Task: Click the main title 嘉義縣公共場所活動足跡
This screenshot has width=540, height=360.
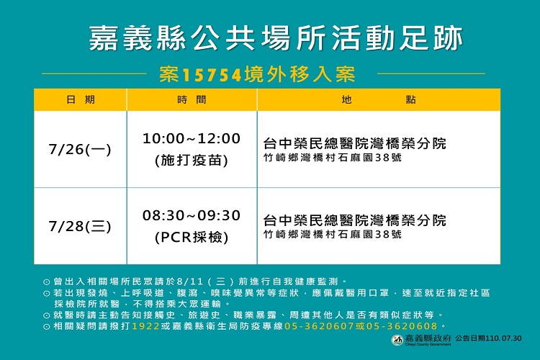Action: [x=276, y=38]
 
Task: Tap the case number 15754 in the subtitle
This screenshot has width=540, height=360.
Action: [x=212, y=75]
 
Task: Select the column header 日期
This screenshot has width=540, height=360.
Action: [x=80, y=100]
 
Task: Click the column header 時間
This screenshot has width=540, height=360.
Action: [x=192, y=100]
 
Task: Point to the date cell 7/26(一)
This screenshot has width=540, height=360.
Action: [x=80, y=149]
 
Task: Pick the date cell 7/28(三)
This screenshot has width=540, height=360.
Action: [x=80, y=226]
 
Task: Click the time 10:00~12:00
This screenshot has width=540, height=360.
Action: [x=192, y=138]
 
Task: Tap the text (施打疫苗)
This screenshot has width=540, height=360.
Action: [x=192, y=160]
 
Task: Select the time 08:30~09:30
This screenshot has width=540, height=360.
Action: [x=192, y=216]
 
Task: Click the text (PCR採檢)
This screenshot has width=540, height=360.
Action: [x=192, y=238]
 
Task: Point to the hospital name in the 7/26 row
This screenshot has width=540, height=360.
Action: [x=355, y=143]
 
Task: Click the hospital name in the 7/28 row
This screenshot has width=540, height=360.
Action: [x=355, y=220]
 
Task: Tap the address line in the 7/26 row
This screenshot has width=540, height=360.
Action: [x=333, y=158]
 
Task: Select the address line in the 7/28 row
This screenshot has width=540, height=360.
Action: [x=333, y=235]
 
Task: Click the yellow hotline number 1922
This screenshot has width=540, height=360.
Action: [x=145, y=326]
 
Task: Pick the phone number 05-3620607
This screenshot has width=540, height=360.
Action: [x=319, y=326]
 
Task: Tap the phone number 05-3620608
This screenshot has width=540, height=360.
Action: [x=402, y=326]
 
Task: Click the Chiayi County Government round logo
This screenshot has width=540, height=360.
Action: [x=397, y=340]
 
